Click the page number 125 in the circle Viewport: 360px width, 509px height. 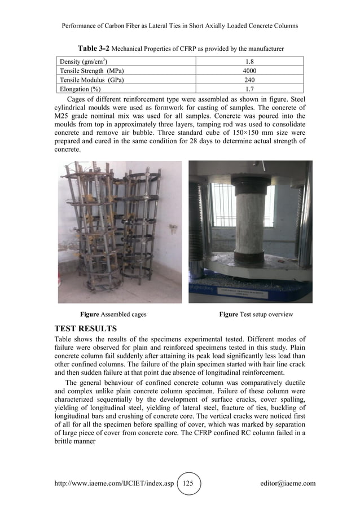pyautogui.click(x=188, y=483)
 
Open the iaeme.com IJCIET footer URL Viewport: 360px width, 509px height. pyautogui.click(x=111, y=483)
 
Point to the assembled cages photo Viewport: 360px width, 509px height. pyautogui.click(x=120, y=231)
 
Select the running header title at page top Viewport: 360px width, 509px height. pyautogui.click(x=179, y=26)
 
